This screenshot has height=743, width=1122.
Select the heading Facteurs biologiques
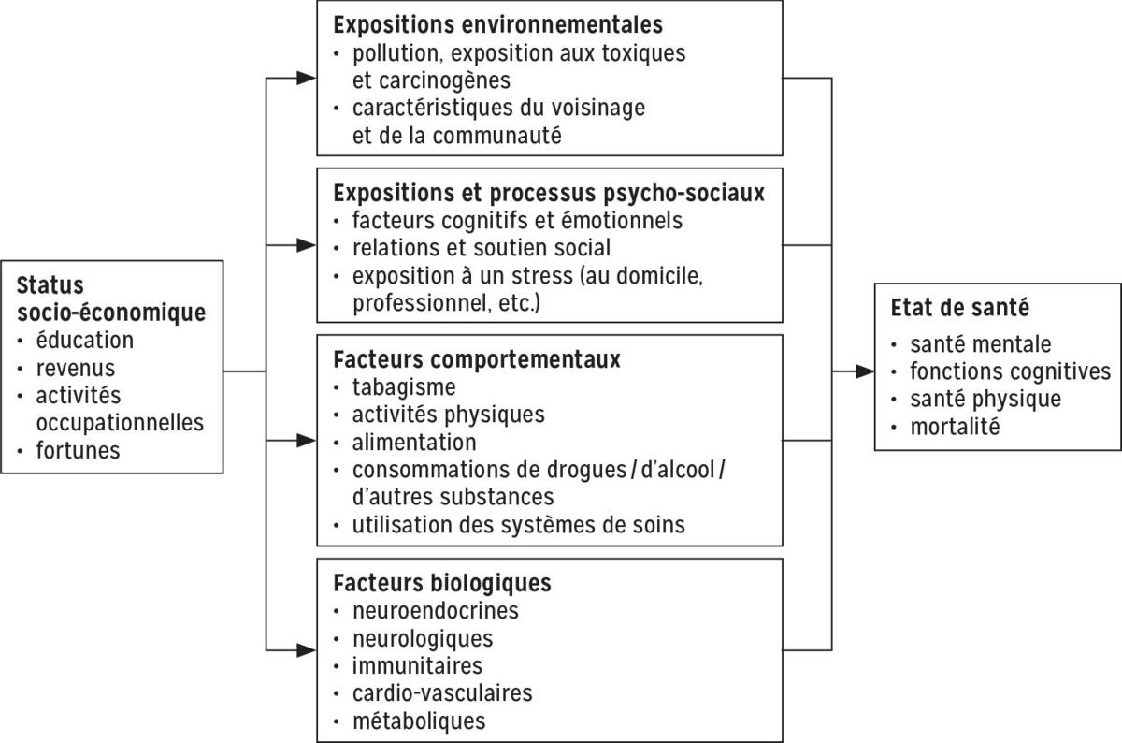(442, 583)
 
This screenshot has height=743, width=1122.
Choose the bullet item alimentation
(414, 441)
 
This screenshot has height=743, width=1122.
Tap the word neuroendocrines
(435, 611)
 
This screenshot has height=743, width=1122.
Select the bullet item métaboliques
(419, 721)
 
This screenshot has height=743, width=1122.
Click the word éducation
(85, 341)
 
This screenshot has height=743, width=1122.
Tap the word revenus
(76, 368)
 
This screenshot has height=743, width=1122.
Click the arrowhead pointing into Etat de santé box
(866, 372)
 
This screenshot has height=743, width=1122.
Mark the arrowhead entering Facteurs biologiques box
(307, 648)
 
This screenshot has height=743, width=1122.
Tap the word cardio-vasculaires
(442, 693)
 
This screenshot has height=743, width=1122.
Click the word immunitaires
(417, 666)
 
